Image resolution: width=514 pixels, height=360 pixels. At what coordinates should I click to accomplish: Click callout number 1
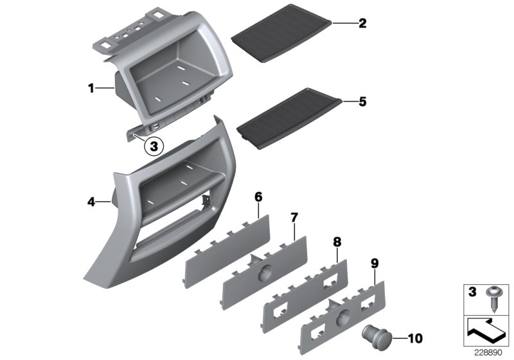[91, 87]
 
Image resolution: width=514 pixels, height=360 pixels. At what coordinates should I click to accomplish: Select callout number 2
[362, 24]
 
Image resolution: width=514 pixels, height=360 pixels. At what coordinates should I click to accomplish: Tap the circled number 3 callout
[153, 146]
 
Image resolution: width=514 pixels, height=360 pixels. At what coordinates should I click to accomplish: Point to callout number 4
[91, 202]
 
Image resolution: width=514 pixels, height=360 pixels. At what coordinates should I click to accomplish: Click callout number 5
[362, 101]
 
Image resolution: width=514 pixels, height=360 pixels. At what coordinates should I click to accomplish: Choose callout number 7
[294, 217]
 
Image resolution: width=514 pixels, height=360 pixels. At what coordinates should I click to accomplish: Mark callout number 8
[336, 241]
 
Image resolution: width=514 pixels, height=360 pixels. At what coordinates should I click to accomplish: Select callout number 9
[375, 262]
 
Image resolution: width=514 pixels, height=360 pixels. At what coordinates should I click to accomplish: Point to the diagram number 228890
[488, 352]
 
